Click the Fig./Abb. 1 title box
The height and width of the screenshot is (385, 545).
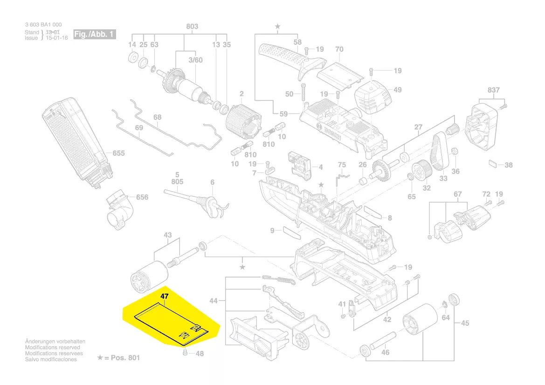(95, 34)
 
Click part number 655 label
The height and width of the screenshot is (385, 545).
(118, 153)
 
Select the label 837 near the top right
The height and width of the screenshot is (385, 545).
(493, 90)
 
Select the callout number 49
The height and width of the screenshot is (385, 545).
(397, 90)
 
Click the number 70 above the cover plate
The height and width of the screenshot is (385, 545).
(339, 49)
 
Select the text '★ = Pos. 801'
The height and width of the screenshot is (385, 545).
(118, 357)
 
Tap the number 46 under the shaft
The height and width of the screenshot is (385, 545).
(385, 353)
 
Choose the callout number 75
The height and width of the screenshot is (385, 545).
(342, 165)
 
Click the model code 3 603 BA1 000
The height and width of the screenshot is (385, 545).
(43, 25)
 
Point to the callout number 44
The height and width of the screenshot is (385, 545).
(213, 301)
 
